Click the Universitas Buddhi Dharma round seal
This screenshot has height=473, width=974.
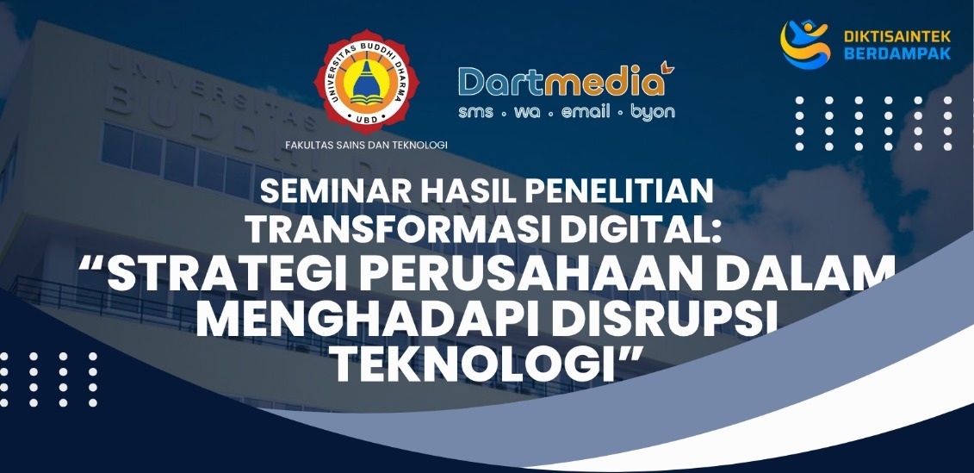(x=367, y=82)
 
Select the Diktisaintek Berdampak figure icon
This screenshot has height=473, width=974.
(x=805, y=44)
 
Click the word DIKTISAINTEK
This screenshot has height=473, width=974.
(x=897, y=37)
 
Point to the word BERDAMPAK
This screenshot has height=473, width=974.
(x=897, y=53)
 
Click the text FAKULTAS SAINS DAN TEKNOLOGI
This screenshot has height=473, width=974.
(x=367, y=145)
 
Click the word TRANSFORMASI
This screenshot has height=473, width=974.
(x=398, y=229)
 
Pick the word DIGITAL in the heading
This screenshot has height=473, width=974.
(x=636, y=229)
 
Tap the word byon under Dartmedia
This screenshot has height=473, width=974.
(x=652, y=113)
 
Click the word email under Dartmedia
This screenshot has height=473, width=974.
(x=586, y=112)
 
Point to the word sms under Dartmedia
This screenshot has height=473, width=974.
(x=476, y=113)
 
